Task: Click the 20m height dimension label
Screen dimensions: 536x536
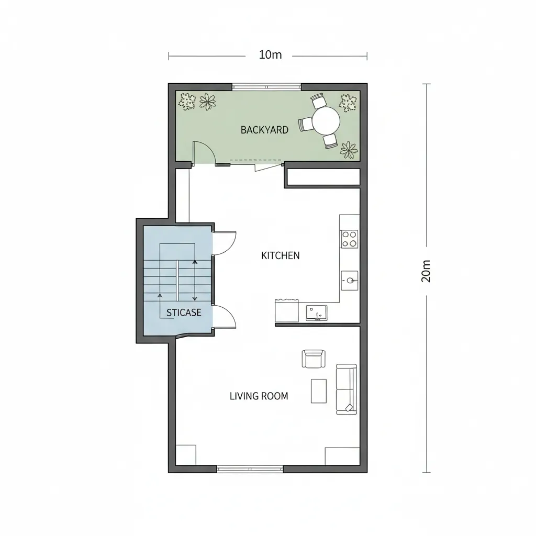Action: pyautogui.click(x=426, y=271)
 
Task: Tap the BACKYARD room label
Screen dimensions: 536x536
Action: pyautogui.click(x=264, y=130)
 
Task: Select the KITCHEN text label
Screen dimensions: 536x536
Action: pyautogui.click(x=280, y=255)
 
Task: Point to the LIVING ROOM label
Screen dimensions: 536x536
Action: pyautogui.click(x=259, y=396)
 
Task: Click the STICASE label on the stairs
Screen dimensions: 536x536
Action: pyautogui.click(x=184, y=312)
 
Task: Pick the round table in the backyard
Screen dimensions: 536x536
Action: pyautogui.click(x=326, y=121)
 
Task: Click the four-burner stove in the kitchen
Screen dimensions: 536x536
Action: pyautogui.click(x=349, y=239)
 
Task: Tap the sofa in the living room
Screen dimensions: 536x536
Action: pyautogui.click(x=346, y=389)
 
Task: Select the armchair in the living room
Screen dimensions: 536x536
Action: pyautogui.click(x=313, y=359)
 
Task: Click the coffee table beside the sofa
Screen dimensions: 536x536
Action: pyautogui.click(x=318, y=391)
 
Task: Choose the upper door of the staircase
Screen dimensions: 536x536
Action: pyautogui.click(x=224, y=243)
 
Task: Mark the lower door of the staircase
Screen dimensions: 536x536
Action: pyautogui.click(x=224, y=317)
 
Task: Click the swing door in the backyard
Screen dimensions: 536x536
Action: pyautogui.click(x=203, y=153)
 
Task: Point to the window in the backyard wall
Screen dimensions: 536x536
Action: pyautogui.click(x=266, y=86)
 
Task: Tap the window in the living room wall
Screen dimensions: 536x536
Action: pyautogui.click(x=250, y=469)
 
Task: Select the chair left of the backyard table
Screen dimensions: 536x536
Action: pyautogui.click(x=306, y=124)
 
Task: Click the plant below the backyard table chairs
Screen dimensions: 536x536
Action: pyautogui.click(x=349, y=150)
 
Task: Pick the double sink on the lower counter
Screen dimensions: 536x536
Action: pyautogui.click(x=316, y=312)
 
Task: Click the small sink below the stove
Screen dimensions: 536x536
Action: pyautogui.click(x=349, y=280)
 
